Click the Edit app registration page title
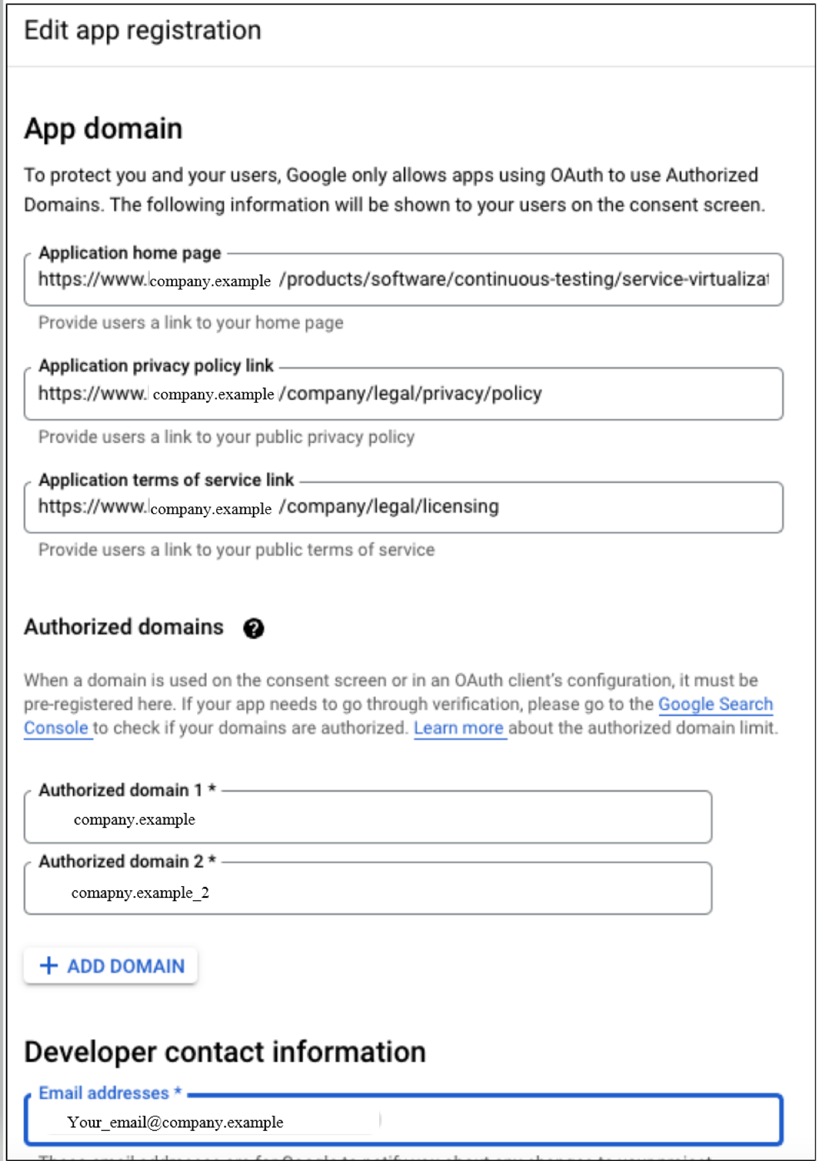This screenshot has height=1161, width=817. click(x=142, y=31)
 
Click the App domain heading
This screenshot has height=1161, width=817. click(x=103, y=128)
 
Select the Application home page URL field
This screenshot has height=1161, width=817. click(x=403, y=280)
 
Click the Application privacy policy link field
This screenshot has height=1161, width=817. click(x=403, y=394)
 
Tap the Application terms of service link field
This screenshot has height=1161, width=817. click(x=403, y=507)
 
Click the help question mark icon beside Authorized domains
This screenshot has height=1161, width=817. click(x=253, y=628)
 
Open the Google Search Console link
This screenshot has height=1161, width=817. click(x=715, y=704)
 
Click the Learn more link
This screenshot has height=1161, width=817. click(x=458, y=728)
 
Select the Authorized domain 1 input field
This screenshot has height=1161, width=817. click(x=367, y=819)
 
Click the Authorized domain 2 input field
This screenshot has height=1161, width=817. click(x=367, y=891)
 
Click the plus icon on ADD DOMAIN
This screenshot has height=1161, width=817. click(x=49, y=966)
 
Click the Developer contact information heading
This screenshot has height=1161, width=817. click(x=225, y=1052)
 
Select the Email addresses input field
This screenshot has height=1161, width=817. click(x=403, y=1122)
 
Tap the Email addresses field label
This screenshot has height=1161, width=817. click(x=104, y=1093)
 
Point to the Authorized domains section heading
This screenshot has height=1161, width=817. click(x=124, y=627)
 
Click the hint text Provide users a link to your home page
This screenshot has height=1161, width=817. click(x=191, y=323)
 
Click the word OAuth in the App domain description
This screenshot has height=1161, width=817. click(x=577, y=175)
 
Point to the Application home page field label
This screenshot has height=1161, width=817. click(x=130, y=253)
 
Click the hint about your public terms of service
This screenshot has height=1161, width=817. click(x=236, y=550)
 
